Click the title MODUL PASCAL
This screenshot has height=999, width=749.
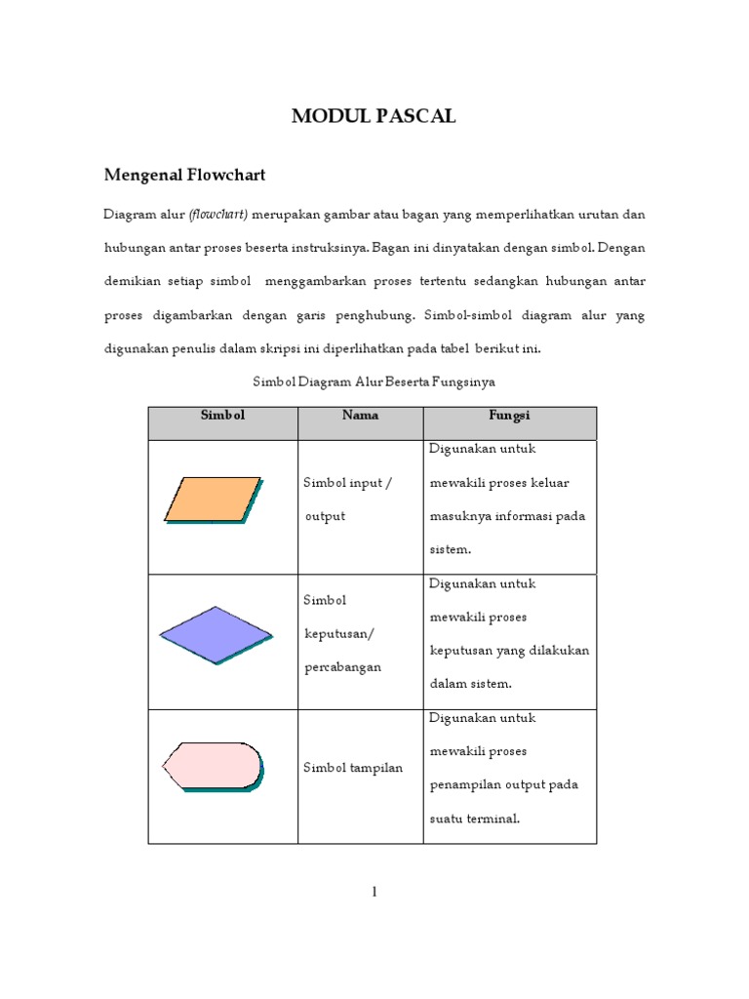coord(374,117)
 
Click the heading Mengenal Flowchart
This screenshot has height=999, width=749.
coord(184,176)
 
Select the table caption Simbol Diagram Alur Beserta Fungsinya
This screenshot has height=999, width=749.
coord(374,381)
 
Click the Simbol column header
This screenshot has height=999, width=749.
coord(222,416)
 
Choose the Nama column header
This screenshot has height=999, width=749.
coord(360,416)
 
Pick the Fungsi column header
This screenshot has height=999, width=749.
coord(508,416)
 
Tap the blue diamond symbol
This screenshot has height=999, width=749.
coord(217,634)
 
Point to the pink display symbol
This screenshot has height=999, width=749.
coord(213,766)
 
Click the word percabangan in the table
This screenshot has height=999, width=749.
coord(342,667)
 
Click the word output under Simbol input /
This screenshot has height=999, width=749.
coord(325,516)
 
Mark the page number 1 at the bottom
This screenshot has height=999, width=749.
coord(374,892)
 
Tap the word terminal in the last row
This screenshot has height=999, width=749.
coord(487,819)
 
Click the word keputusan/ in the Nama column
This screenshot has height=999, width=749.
coord(338,633)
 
